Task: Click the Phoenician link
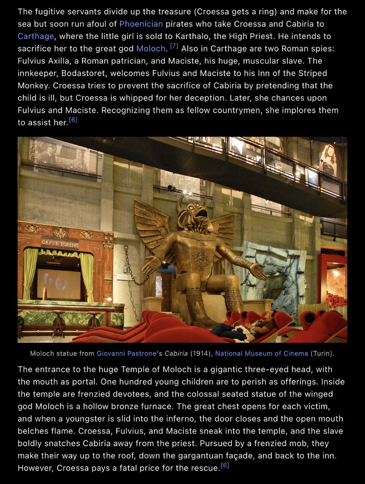[x=141, y=24]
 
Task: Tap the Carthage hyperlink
[x=36, y=36]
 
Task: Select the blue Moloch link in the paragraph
[x=151, y=48]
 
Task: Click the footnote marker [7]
[x=174, y=46]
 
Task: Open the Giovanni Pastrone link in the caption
[x=126, y=354]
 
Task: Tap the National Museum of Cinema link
[x=261, y=354]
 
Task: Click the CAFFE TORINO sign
[x=60, y=244]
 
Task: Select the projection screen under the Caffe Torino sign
[x=58, y=284]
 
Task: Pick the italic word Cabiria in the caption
[x=176, y=354]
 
